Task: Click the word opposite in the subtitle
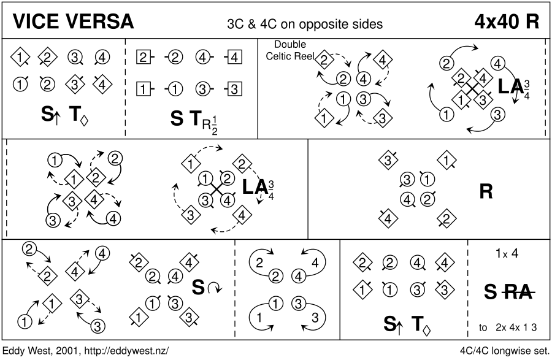[x=319, y=24]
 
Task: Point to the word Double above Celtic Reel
[x=289, y=45]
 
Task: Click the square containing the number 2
[x=142, y=58]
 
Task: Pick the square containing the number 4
[x=234, y=58]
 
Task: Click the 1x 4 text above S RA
[x=508, y=253]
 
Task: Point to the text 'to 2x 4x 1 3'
[x=508, y=327]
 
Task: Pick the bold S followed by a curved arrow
[x=199, y=286]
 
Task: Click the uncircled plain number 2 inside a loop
[x=259, y=262]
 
